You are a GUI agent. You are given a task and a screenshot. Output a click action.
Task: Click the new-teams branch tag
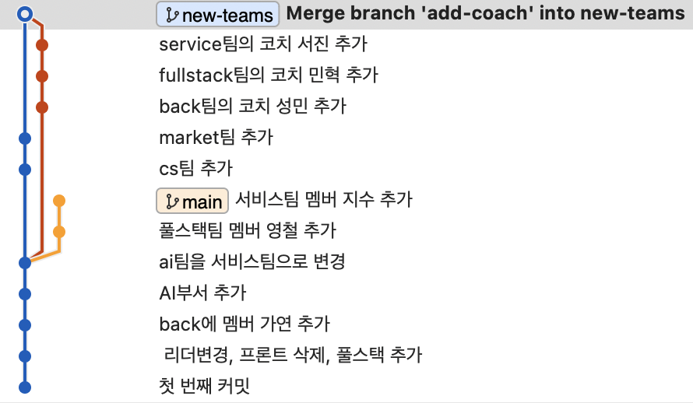tap(218, 14)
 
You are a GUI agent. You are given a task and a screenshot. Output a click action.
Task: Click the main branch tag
tap(192, 201)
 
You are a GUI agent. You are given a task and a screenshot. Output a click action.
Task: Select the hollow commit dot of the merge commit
tap(25, 13)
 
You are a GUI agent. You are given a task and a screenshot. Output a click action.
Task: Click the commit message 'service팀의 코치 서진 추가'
tap(262, 44)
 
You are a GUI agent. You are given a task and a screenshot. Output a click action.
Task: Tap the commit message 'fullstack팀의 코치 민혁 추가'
tap(268, 75)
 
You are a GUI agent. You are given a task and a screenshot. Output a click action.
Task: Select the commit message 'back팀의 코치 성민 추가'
tap(252, 107)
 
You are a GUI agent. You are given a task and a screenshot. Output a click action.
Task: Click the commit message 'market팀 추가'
tap(216, 138)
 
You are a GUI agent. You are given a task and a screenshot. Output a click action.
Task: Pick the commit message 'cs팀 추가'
tap(195, 169)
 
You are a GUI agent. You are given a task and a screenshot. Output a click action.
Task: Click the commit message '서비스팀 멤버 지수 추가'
tap(323, 200)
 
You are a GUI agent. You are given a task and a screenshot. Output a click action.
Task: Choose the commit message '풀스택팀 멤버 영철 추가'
tap(247, 231)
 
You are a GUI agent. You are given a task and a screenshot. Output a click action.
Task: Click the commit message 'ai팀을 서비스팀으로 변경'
tap(252, 262)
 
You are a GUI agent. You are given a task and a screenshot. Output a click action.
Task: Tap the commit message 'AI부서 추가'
tap(202, 293)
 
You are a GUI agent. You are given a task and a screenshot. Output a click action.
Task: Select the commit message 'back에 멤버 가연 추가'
tap(244, 324)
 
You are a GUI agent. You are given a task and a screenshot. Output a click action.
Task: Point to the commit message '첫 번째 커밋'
tap(204, 387)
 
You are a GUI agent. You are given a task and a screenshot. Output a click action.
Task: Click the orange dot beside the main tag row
tap(59, 201)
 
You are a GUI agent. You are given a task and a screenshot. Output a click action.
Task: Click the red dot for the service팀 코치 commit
tap(42, 45)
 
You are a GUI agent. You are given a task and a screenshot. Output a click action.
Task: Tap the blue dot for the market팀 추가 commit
tap(25, 138)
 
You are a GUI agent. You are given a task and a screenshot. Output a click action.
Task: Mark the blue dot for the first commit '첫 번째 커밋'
tap(25, 387)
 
